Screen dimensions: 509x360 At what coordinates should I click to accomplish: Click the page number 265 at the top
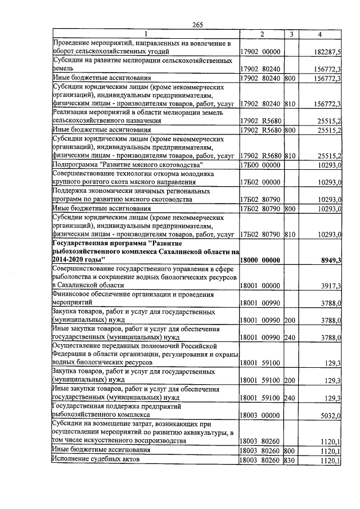197,24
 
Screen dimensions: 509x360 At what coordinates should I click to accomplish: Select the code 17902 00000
260,51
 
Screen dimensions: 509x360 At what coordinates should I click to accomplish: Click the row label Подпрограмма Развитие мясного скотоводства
127,164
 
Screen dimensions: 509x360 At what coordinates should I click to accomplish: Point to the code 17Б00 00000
260,164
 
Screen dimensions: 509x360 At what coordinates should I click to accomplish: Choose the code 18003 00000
260,416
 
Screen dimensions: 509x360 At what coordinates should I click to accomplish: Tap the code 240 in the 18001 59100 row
290,398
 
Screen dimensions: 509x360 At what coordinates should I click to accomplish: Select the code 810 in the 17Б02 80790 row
290,234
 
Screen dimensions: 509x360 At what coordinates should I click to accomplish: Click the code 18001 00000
260,286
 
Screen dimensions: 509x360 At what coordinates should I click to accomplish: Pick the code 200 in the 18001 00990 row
290,321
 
